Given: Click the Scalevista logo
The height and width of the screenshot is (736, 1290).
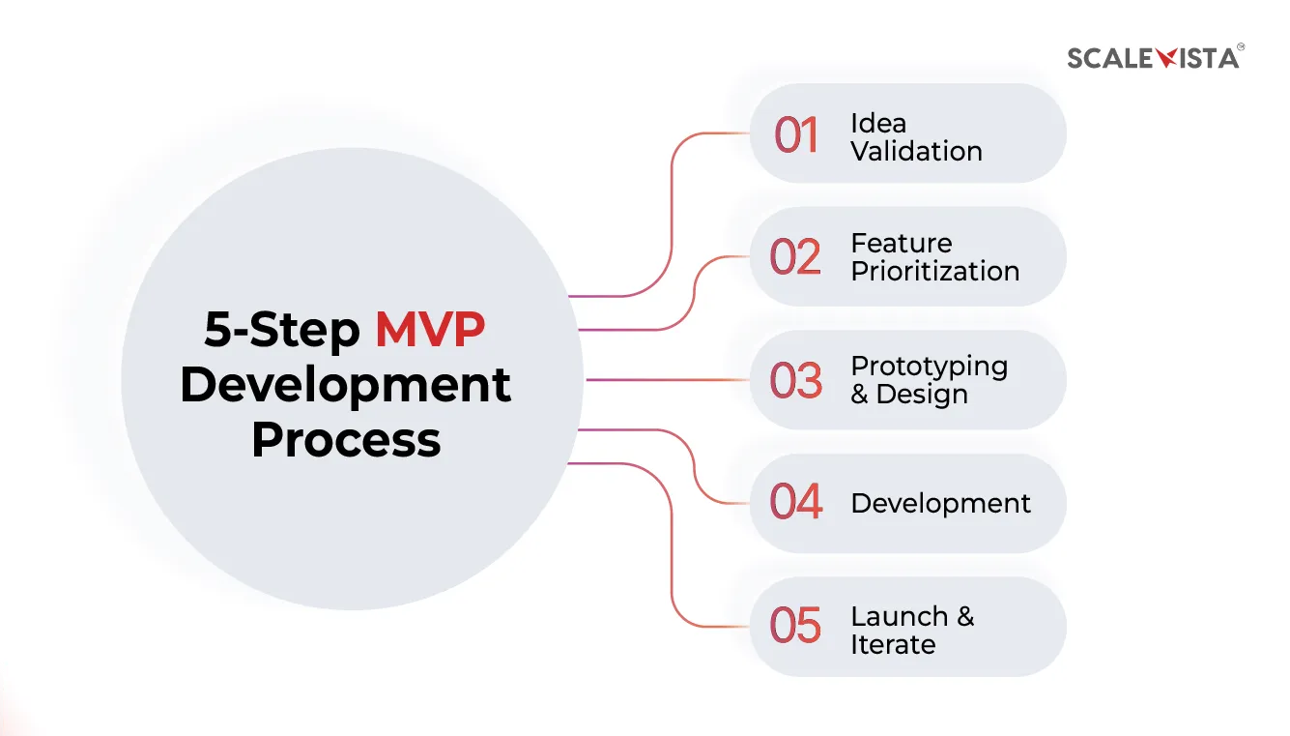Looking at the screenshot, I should point(1154,57).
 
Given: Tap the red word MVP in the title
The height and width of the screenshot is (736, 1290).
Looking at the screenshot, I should point(430,331).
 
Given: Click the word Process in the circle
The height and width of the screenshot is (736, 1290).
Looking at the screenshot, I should point(346,439).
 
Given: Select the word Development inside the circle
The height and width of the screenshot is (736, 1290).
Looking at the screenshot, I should point(345,385).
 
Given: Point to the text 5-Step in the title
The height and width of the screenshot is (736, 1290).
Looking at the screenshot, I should point(281,331).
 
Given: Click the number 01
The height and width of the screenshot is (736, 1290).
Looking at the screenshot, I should point(796,135).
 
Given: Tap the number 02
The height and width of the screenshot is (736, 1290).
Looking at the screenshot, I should point(795,257).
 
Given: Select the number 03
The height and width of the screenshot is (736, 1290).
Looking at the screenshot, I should point(795,380).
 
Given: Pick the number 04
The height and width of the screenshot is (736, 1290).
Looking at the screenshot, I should point(795,503).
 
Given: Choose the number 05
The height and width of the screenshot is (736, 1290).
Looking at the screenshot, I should point(795,626).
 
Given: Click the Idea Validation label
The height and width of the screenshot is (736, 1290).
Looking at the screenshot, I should point(915,137).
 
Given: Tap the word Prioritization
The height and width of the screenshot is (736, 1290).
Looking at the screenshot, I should point(934,272).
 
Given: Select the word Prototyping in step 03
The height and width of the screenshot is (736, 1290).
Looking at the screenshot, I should point(929,367).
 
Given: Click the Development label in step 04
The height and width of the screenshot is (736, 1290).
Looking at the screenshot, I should point(940,504).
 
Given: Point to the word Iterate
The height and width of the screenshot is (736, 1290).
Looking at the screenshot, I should point(893,644).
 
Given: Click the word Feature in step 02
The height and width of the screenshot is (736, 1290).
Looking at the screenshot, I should point(901,244).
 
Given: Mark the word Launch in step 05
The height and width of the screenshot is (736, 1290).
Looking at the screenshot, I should point(899,616).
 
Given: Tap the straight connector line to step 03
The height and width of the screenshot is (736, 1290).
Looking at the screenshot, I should point(667,380).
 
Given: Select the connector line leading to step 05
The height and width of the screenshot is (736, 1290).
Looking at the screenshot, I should point(672,551).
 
